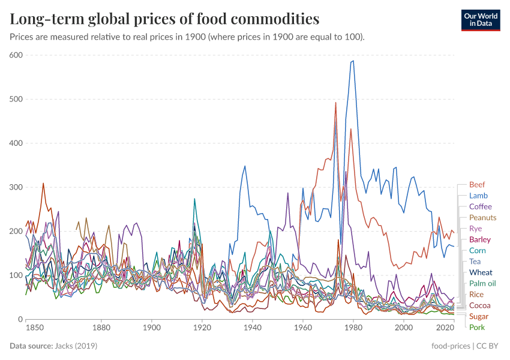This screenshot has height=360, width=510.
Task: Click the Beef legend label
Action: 477,185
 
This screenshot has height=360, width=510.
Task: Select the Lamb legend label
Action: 478,196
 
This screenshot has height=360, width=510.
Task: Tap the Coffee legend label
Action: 480,206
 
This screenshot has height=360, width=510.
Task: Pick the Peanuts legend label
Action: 482,217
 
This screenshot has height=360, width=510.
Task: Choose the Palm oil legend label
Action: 482,283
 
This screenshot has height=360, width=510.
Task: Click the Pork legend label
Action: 476,327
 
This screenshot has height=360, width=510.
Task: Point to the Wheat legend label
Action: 481,272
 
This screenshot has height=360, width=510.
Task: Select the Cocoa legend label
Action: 479,305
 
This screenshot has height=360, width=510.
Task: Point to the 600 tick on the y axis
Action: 16,55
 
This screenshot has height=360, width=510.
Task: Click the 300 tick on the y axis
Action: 16,187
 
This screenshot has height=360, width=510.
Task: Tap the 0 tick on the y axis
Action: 20,319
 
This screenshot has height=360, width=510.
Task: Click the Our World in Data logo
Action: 481,20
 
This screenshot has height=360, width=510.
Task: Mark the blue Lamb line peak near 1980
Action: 353,61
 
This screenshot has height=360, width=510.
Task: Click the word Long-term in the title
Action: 46,19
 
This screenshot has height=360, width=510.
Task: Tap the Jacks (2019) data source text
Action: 76,346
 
